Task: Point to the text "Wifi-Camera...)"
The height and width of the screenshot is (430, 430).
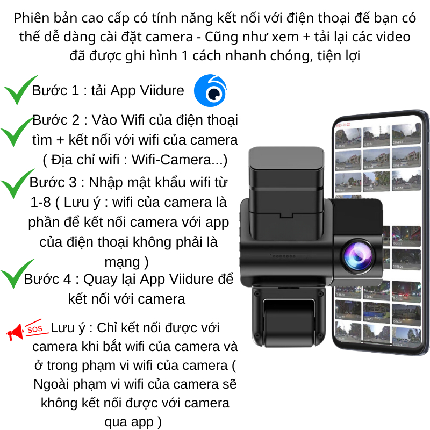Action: click(x=183, y=160)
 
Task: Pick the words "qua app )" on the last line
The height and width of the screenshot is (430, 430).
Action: click(x=133, y=421)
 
